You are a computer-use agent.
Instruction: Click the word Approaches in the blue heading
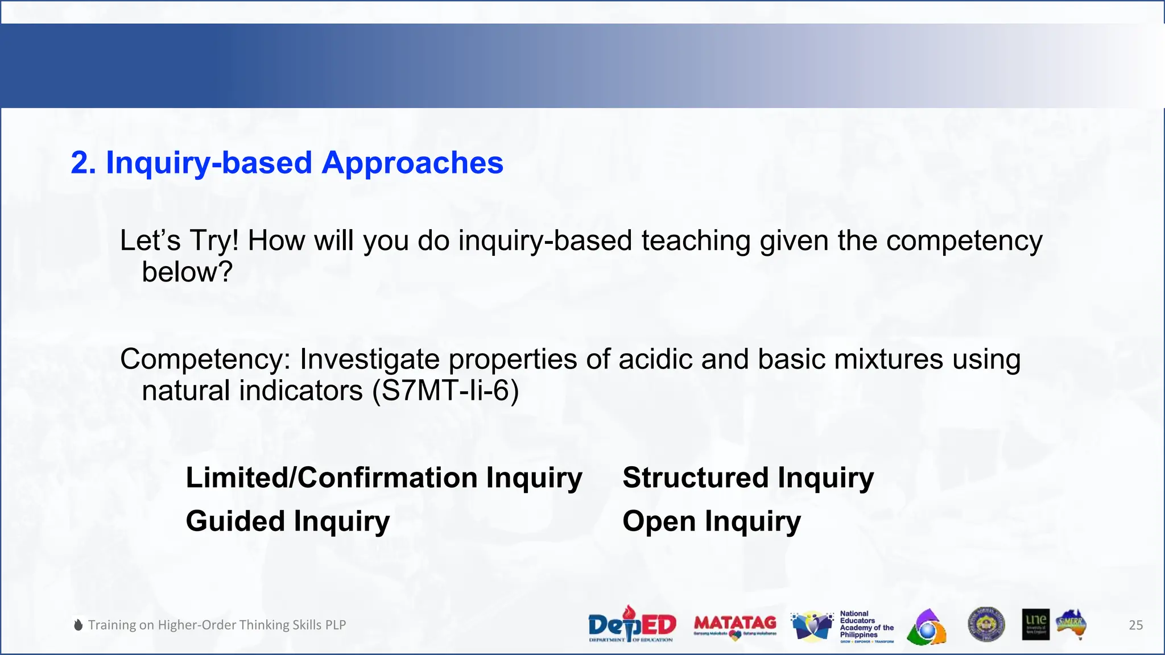point(412,163)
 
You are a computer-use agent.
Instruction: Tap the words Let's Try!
point(179,241)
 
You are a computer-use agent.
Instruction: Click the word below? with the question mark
point(187,272)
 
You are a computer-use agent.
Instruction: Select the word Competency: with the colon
point(205,359)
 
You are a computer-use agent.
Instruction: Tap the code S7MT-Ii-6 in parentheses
point(445,391)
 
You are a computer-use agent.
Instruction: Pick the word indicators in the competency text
point(300,391)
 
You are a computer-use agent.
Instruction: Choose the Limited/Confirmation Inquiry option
point(384,478)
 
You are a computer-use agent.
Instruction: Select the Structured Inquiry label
point(747,478)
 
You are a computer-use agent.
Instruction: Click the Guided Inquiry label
point(288,521)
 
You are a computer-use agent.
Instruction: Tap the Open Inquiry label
point(711,521)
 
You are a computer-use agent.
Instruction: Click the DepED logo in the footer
point(631,625)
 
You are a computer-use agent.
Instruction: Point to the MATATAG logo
point(735,625)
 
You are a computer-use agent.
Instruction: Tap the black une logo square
point(1035,624)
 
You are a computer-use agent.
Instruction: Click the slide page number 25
point(1135,625)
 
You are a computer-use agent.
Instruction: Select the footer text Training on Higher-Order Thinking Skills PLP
point(217,625)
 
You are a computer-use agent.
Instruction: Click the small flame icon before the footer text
point(79,625)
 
